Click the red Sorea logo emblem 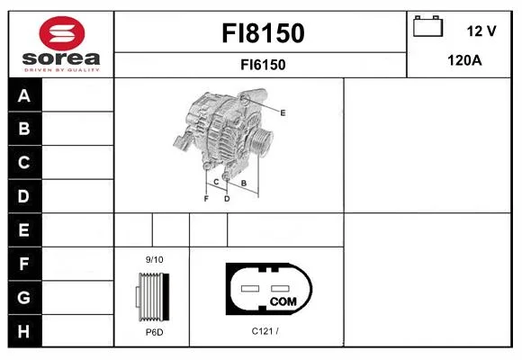(x=62, y=33)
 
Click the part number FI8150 (x=263, y=33)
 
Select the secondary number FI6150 (x=263, y=65)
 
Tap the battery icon (x=428, y=26)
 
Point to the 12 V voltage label (x=481, y=31)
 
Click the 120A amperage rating (x=464, y=60)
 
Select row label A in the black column (x=24, y=96)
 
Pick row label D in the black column (x=23, y=196)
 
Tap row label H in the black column (x=23, y=331)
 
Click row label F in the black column (x=24, y=264)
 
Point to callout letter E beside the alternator (x=283, y=112)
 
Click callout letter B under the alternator (x=244, y=184)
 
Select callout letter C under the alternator (x=216, y=182)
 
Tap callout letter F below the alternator (x=206, y=199)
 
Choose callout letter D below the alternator (x=227, y=199)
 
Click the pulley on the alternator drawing (x=261, y=142)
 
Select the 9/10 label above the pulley (x=154, y=259)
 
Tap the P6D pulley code (x=155, y=332)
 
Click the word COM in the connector (x=283, y=301)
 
